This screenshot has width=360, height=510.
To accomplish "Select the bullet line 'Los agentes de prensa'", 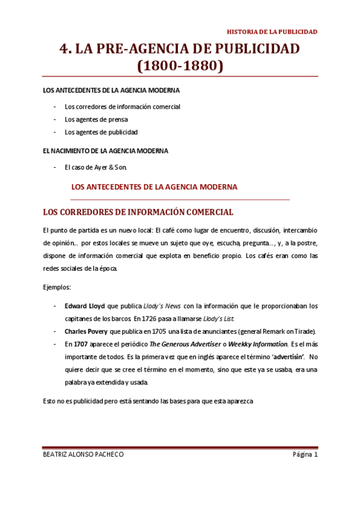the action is pyautogui.click(x=96, y=119).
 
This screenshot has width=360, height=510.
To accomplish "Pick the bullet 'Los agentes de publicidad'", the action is pyautogui.click(x=101, y=132).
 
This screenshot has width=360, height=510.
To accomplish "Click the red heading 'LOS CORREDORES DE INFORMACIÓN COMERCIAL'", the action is pyautogui.click(x=138, y=212).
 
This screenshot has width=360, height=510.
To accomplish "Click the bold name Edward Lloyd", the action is pyautogui.click(x=84, y=306).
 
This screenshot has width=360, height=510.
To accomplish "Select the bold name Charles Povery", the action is pyautogui.click(x=87, y=331).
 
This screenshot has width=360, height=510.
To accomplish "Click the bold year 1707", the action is pyautogui.click(x=81, y=344).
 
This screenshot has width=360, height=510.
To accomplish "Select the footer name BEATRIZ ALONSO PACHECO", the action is pyautogui.click(x=84, y=455).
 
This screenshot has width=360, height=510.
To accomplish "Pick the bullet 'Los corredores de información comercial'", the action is pyautogui.click(x=123, y=106).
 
